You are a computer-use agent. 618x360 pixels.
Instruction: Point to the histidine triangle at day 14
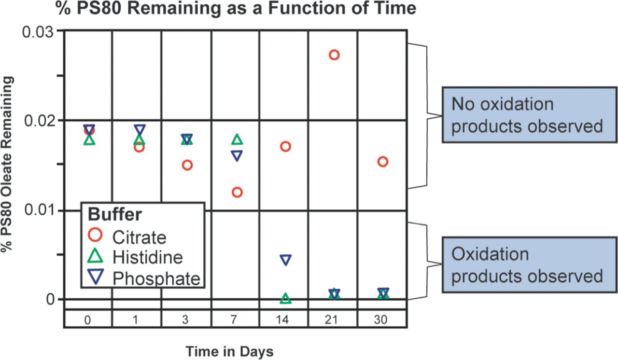pyautogui.click(x=285, y=294)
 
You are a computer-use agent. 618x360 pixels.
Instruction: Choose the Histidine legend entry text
pyautogui.click(x=148, y=258)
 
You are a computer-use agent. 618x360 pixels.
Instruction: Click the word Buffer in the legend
pyautogui.click(x=115, y=214)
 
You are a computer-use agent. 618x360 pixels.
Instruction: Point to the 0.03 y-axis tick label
pyautogui.click(x=38, y=32)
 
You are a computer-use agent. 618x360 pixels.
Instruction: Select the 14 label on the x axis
pyautogui.click(x=282, y=320)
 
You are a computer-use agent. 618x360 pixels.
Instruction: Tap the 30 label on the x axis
pyautogui.click(x=380, y=320)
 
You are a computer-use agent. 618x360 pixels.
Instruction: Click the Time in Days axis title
pyautogui.click(x=229, y=351)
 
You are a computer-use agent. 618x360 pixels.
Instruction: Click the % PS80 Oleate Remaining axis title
pyautogui.click(x=7, y=165)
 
